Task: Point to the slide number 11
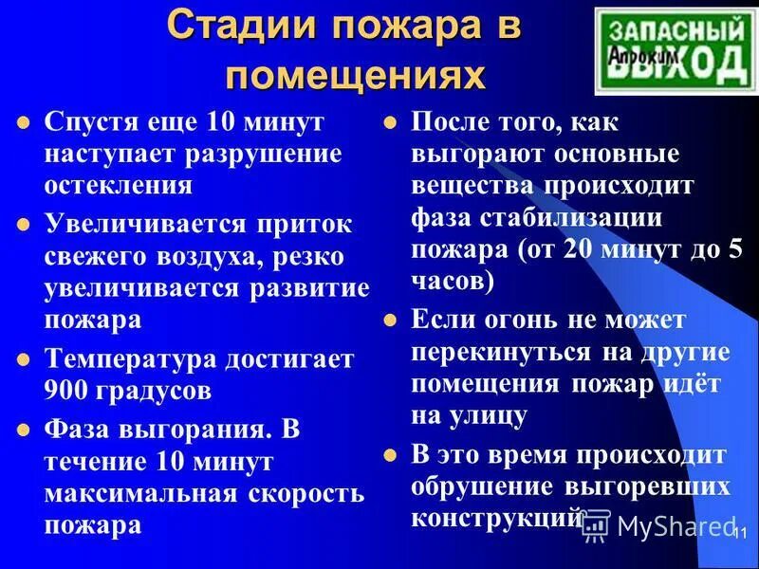[741, 533]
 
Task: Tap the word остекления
[119, 183]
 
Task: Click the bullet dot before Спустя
[25, 123]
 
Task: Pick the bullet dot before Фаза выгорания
[25, 430]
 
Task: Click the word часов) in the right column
[453, 282]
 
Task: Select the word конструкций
[495, 519]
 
